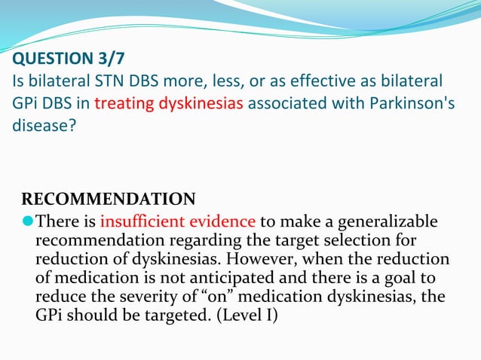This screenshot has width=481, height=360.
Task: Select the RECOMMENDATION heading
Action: pyautogui.click(x=109, y=200)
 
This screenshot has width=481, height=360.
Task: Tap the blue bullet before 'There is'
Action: pyautogui.click(x=29, y=221)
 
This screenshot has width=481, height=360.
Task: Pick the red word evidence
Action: pyautogui.click(x=218, y=221)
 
